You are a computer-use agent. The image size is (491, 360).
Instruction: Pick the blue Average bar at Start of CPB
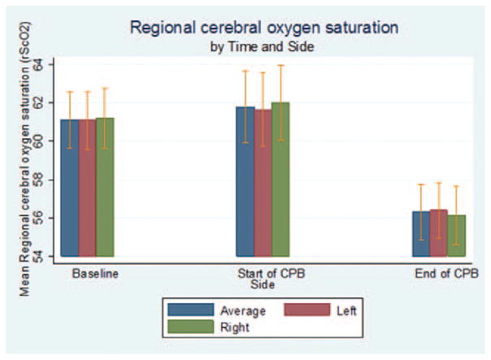pyautogui.click(x=245, y=182)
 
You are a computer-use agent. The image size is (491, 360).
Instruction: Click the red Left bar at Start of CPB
pyautogui.click(x=263, y=184)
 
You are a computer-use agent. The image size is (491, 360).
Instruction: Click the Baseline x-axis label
pyautogui.click(x=95, y=274)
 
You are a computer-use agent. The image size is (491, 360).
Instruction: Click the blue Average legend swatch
pyautogui.click(x=188, y=310)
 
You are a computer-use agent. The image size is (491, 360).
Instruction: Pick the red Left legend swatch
pyautogui.click(x=305, y=310)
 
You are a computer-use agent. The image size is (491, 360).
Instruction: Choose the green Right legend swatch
pyautogui.click(x=188, y=327)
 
